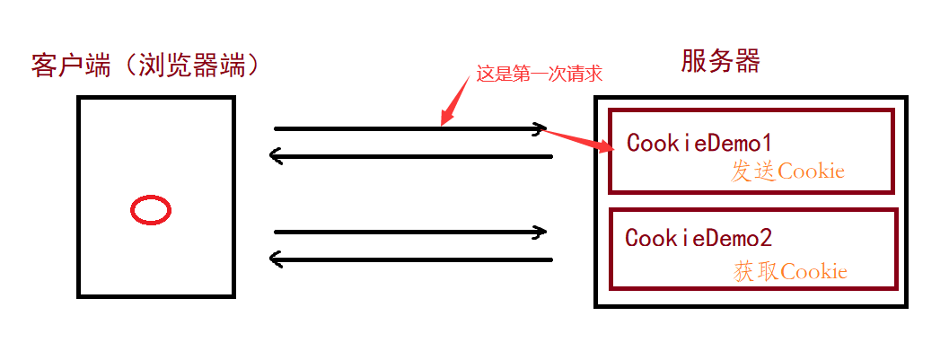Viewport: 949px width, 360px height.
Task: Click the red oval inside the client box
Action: [x=151, y=210]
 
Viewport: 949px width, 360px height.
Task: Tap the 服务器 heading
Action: [x=720, y=61]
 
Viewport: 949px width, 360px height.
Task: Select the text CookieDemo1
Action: [x=699, y=143]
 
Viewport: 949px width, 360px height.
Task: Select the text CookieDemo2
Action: [x=699, y=238]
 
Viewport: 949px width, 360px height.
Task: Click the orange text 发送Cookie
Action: [x=787, y=171]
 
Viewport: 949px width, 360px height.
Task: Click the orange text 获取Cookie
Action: [x=790, y=271]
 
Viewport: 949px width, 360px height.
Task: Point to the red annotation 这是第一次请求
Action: [x=539, y=75]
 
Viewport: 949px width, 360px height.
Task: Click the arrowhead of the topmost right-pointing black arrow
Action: [x=540, y=129]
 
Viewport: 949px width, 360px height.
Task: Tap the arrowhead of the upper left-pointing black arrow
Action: [x=277, y=157]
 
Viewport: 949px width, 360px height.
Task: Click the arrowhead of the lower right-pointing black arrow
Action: [x=540, y=232]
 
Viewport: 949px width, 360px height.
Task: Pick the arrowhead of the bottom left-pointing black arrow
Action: [x=277, y=260]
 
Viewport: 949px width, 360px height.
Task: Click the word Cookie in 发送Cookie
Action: [x=812, y=171]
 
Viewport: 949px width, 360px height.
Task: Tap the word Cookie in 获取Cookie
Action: [x=813, y=271]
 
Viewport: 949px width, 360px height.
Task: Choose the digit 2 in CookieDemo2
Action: [x=765, y=238]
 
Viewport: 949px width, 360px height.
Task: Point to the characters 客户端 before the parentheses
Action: [x=66, y=66]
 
